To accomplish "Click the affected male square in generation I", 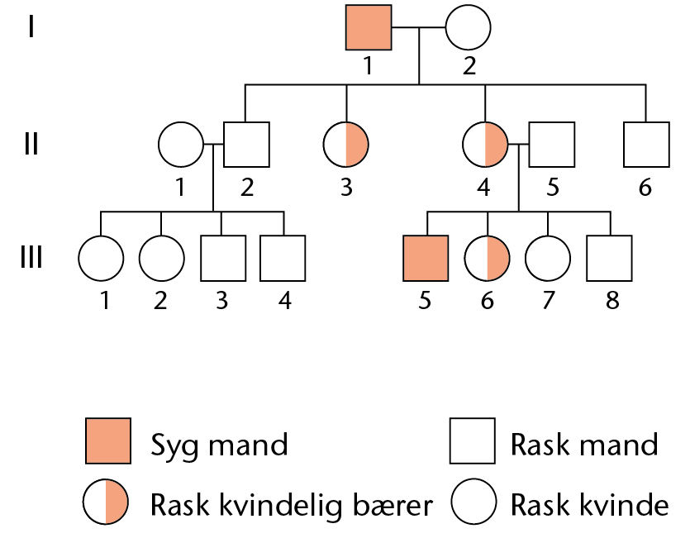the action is point(369,27).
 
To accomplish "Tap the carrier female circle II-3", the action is point(346,145).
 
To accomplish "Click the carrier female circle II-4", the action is point(485,145).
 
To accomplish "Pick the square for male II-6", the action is point(646,145).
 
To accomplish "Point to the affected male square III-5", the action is point(426,258).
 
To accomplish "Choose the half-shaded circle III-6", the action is point(488,259).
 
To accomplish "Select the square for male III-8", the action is point(610,258).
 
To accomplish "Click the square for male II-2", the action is point(246,145).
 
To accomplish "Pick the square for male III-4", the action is point(283,258).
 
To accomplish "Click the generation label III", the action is point(31,257).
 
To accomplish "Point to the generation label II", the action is point(31,144).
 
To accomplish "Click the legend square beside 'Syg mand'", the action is point(108,440).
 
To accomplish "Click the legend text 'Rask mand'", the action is point(584,445).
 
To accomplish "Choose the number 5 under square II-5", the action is point(553,187).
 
